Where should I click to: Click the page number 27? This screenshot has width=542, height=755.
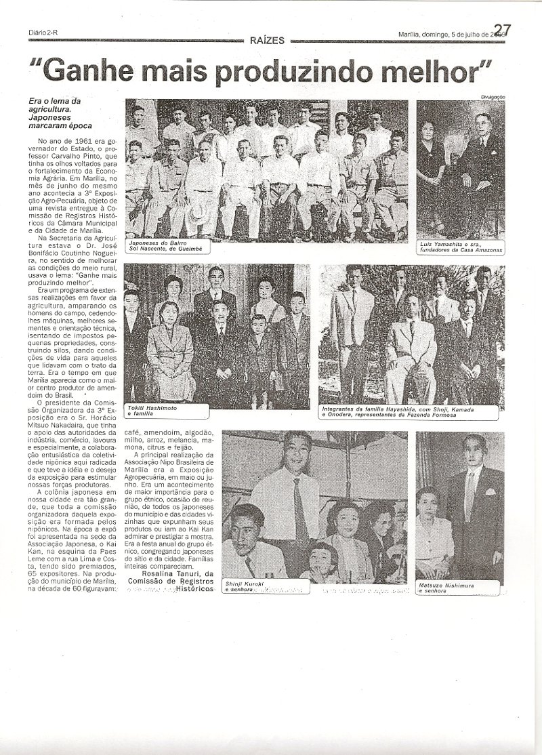tap(501, 29)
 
